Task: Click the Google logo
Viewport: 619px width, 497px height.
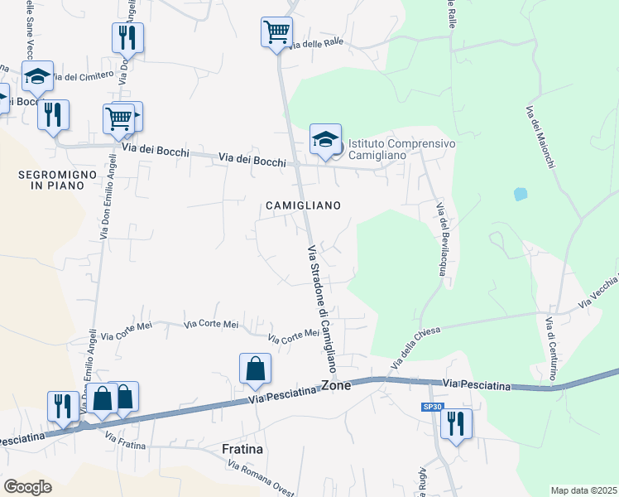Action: pos(27,487)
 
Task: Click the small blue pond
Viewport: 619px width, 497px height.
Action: pos(520,195)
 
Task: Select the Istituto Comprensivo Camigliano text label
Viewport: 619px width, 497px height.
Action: pos(401,149)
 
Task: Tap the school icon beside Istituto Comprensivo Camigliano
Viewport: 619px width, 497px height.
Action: pos(325,139)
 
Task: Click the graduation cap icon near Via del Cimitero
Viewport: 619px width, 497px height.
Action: pos(37,76)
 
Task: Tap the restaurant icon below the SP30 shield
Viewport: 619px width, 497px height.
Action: pos(456,424)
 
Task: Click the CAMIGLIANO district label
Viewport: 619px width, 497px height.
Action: pos(303,205)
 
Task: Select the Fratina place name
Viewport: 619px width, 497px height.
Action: pos(242,449)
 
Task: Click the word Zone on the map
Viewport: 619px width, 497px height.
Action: pos(336,385)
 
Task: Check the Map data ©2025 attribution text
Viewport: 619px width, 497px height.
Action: pos(583,490)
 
